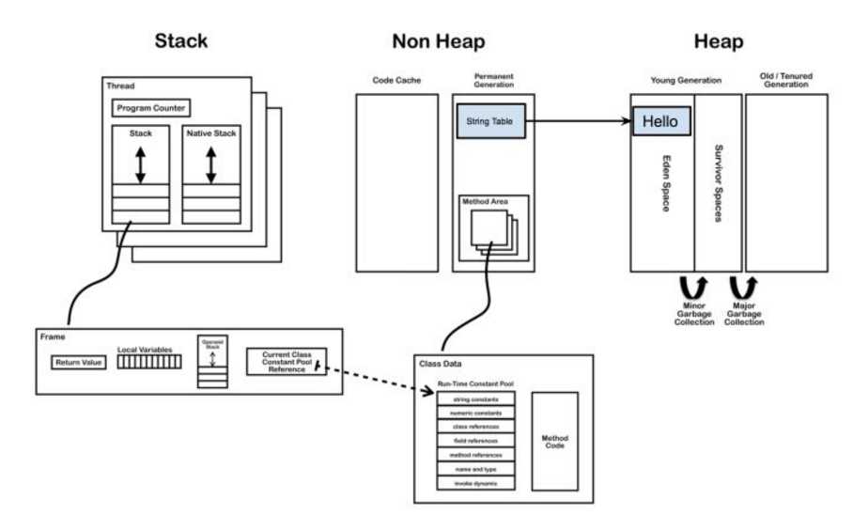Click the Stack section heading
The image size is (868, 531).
(x=180, y=41)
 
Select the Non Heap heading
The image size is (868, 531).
(x=438, y=41)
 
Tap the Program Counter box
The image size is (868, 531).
(x=151, y=108)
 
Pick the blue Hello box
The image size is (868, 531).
(x=661, y=121)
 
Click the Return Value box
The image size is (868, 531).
(x=78, y=362)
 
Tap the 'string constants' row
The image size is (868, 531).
(x=475, y=398)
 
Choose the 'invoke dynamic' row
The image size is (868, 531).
(x=475, y=483)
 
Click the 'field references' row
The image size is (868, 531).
(x=475, y=441)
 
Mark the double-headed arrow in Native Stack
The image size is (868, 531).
(x=210, y=164)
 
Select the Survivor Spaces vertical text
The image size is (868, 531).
(x=719, y=182)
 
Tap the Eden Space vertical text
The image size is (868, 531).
(x=665, y=182)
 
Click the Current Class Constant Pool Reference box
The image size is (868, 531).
(x=286, y=362)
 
